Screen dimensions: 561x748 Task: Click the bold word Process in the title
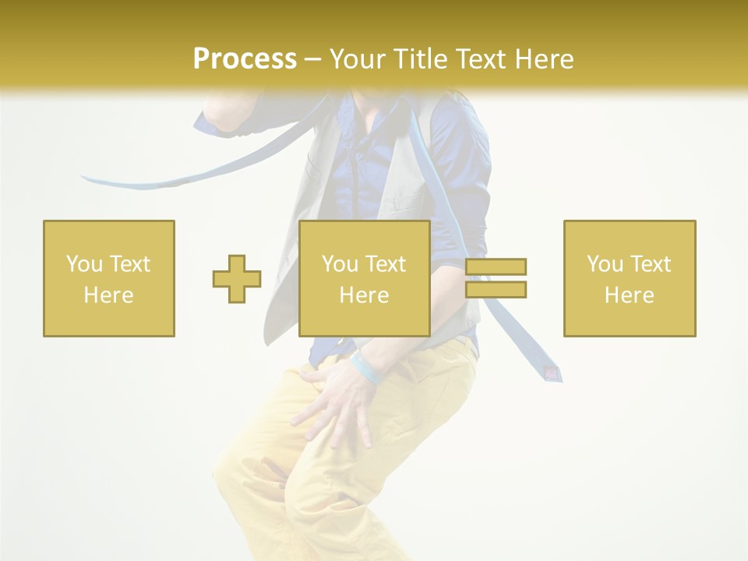coord(245,58)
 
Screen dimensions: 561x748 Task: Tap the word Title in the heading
coord(419,58)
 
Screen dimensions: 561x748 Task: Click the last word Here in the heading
coord(545,58)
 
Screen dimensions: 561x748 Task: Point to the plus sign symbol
coord(237,279)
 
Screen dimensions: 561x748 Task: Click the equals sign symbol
coord(496,278)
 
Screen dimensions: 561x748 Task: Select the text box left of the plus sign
coord(109,278)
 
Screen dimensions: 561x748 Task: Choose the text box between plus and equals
coord(365,278)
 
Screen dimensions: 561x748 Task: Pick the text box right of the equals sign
coord(630,278)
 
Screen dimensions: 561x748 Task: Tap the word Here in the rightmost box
coord(630,295)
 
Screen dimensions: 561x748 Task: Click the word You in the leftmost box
coord(83,264)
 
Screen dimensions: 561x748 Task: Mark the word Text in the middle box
coord(386,264)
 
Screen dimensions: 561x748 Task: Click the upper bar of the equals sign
coord(496,267)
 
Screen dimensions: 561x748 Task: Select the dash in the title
coord(312,60)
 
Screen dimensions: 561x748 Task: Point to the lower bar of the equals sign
coord(496,289)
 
